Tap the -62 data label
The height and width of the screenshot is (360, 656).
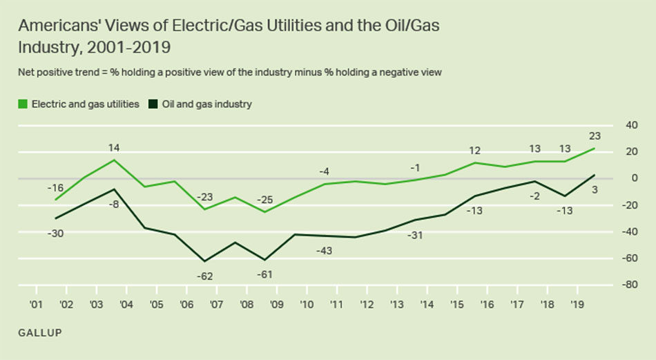pos(204,276)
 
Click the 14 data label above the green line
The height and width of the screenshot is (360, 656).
pos(115,147)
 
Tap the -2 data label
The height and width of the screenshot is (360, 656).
pos(534,196)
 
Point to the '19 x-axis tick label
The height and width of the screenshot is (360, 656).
pos(575,303)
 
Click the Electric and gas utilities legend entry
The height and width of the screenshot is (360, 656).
pos(79,104)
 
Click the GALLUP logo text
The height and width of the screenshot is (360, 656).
pos(40,334)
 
